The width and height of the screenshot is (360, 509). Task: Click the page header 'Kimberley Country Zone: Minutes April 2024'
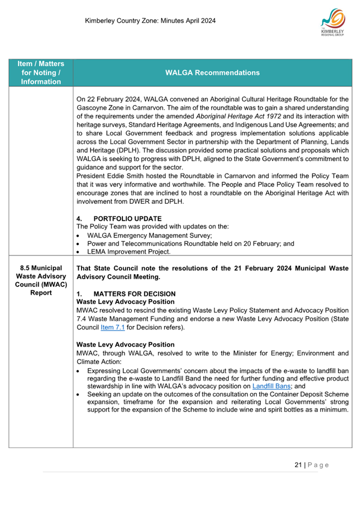150,21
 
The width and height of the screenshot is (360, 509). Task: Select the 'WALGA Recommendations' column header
212,73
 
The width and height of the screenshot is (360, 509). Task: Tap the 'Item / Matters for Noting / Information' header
41,73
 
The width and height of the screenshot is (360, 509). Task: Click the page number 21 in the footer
298,465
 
